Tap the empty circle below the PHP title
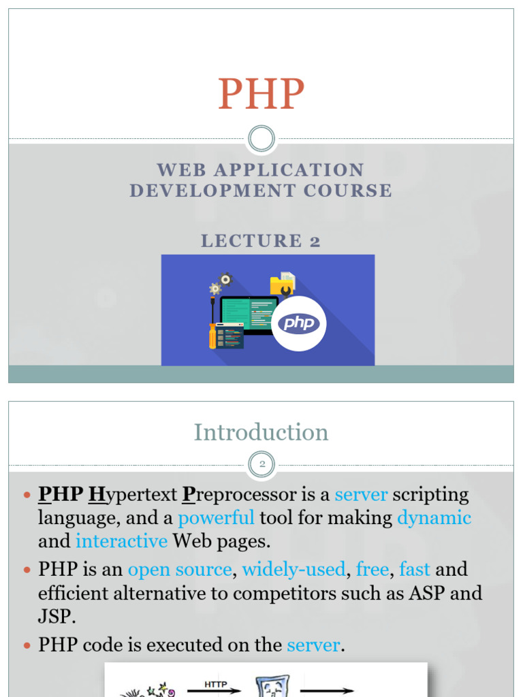261,139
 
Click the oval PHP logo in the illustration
299,323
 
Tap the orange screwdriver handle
212,336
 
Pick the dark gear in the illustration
225,278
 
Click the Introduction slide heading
261,432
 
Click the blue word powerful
216,518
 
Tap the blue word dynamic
434,518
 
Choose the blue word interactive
121,541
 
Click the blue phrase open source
180,569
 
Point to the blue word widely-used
294,569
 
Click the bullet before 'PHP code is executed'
27,645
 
